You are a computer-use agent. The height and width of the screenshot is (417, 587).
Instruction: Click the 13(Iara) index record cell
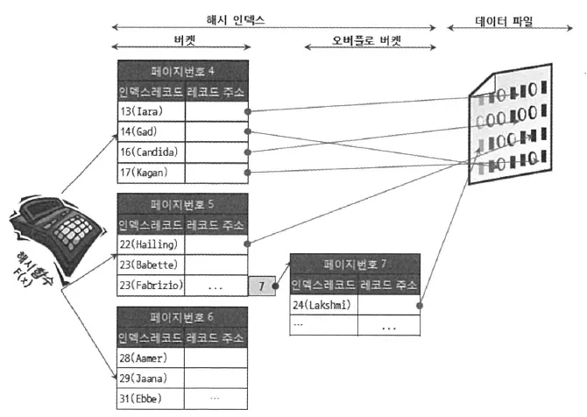[150, 111]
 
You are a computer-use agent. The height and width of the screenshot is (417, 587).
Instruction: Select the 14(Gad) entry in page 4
[150, 131]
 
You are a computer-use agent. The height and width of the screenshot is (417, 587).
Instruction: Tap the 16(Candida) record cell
[150, 152]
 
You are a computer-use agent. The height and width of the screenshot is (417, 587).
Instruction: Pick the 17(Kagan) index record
[150, 172]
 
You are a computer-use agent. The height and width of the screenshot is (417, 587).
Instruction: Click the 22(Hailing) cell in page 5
[150, 244]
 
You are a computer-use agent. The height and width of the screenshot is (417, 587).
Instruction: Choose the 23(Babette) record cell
[150, 264]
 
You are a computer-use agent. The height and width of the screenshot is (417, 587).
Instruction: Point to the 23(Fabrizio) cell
[150, 284]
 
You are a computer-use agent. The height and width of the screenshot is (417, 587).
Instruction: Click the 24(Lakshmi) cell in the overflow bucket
[323, 304]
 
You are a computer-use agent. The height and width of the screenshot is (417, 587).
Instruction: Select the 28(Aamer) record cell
[150, 357]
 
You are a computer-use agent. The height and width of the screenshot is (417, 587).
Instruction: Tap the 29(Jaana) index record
[150, 378]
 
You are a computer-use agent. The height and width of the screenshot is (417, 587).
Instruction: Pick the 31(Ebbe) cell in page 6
[150, 398]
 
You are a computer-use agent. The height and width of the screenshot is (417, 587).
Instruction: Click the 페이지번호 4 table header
[182, 71]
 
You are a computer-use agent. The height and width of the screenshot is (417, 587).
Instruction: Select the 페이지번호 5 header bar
[182, 204]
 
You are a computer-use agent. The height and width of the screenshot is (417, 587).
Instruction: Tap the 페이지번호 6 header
[182, 317]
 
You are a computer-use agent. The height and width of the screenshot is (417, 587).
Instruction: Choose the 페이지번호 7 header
[355, 264]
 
